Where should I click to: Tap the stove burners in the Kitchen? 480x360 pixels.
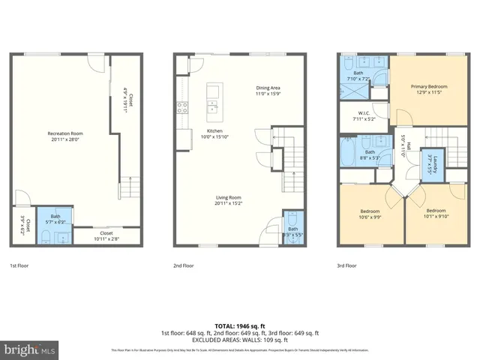181,106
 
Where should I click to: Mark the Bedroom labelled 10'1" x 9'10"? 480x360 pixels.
436,214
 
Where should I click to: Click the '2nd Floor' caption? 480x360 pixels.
184,265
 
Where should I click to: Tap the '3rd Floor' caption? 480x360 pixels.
346,265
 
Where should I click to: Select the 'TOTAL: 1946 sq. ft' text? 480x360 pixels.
239,326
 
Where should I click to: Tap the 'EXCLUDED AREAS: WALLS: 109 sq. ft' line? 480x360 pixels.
239,339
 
